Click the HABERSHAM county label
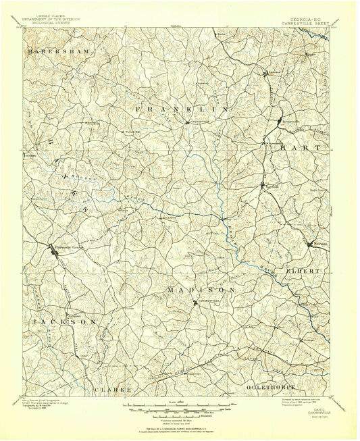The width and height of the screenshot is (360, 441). tap(53, 51)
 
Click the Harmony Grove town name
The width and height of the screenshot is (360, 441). tap(67, 247)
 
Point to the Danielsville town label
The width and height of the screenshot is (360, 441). tap(208, 301)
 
